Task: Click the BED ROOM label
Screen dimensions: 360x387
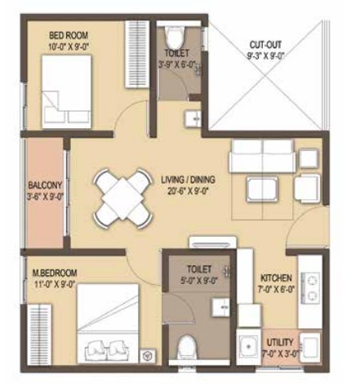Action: coord(69,35)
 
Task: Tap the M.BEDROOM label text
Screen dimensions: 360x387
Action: coord(55,273)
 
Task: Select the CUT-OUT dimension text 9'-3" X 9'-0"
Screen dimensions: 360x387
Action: coord(265,56)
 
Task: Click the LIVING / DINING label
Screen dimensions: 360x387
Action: coord(188,180)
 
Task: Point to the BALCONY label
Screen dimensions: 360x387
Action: coord(45,185)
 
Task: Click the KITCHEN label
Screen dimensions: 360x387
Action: coord(276,278)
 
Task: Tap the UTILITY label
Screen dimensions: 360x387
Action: coord(280,342)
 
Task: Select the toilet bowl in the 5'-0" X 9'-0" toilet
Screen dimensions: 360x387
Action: coord(187,348)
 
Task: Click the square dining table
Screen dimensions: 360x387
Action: coord(122,198)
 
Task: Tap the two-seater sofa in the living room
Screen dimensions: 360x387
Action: coord(263,156)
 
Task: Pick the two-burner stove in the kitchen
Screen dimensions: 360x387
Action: coord(310,287)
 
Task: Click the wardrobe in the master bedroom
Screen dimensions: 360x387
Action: coord(40,335)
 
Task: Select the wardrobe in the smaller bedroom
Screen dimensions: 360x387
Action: coord(137,54)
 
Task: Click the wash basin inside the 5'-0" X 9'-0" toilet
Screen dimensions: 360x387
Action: coord(220,307)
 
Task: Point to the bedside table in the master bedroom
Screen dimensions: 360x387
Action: coord(148,356)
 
